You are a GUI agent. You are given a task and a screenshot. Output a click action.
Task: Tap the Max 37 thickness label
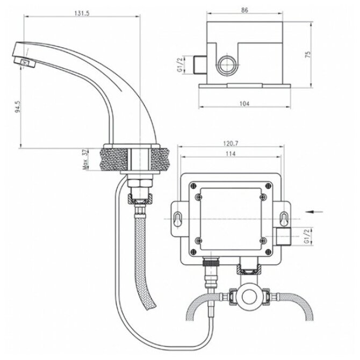[85, 160]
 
